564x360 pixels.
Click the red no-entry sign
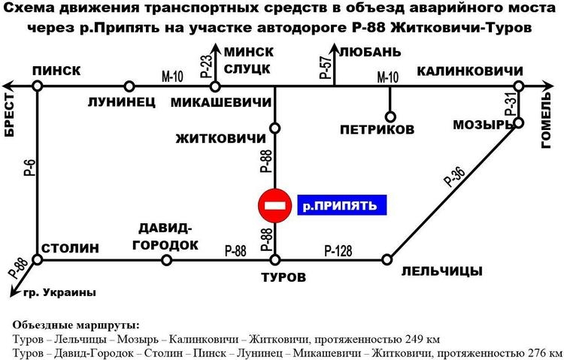coord(275,206)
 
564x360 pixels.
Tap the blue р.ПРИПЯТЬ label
coord(341,205)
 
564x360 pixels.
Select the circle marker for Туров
coord(275,259)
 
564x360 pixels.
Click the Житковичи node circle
coord(275,128)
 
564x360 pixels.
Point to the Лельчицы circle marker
coord(387,259)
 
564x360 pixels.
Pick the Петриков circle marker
coord(390,117)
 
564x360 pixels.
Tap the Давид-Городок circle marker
coord(166,259)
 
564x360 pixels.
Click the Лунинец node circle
coord(129,86)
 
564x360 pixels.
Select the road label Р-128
coord(338,251)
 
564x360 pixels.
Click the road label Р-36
coord(455,177)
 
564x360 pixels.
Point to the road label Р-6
coord(31,168)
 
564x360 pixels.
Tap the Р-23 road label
coord(207,66)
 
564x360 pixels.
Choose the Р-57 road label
coord(326,67)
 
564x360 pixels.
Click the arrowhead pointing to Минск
coord(215,49)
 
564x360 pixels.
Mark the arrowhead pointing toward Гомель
coord(547,86)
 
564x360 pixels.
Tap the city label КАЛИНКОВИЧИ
coord(470,71)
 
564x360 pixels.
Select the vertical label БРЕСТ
coord(10,115)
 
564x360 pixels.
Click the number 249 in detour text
coord(413,339)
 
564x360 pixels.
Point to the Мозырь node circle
coord(519,123)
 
